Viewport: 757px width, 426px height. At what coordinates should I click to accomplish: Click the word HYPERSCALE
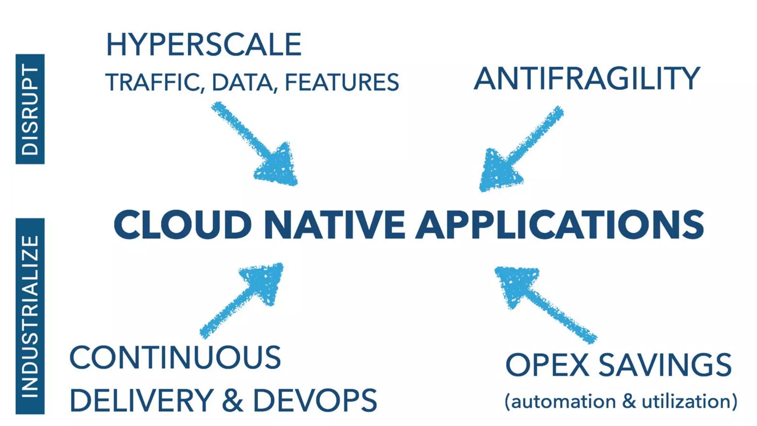coord(204,45)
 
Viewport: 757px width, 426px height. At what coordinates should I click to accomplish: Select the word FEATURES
coord(342,82)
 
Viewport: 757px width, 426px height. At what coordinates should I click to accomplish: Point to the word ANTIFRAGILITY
coord(587,78)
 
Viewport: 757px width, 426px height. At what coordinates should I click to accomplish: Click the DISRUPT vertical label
coord(30,109)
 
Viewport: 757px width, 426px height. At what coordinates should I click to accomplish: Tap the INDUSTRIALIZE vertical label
coord(30,316)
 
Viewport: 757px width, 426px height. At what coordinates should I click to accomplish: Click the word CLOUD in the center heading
coord(183,225)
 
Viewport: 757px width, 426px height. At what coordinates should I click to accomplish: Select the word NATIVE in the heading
coord(335,225)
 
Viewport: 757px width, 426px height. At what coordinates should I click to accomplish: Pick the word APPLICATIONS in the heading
coord(560,225)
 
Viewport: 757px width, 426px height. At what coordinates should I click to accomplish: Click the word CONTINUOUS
coord(175,357)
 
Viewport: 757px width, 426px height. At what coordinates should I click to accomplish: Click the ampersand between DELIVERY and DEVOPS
coord(233,401)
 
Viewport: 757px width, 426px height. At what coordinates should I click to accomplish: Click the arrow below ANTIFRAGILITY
coord(517,152)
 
